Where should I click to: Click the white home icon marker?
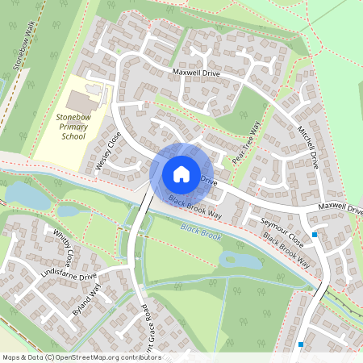[181, 173]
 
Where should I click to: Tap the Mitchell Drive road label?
[308, 146]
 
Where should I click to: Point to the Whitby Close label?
[63, 247]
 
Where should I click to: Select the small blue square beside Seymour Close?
[315, 235]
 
